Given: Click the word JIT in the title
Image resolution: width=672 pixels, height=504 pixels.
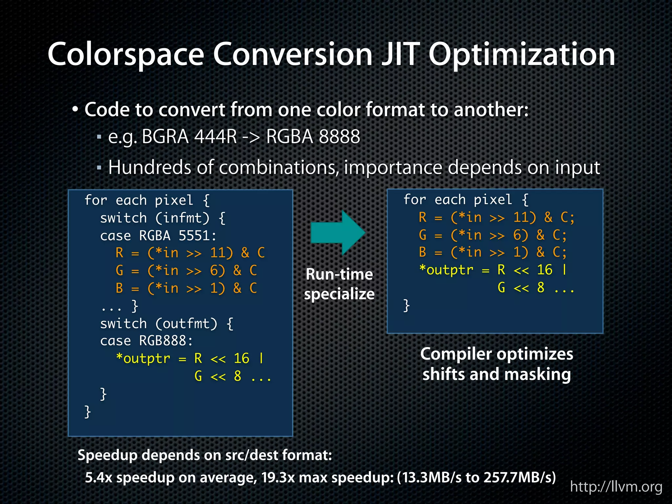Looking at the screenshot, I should point(400,54).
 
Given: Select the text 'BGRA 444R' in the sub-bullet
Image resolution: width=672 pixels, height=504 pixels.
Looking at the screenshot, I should point(189,136).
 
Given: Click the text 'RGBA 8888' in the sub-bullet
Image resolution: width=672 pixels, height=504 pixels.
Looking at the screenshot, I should point(313,136).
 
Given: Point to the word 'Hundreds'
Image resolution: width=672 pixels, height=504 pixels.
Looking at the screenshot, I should point(150,167).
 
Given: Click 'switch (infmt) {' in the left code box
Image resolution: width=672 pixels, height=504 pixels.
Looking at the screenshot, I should point(163,218).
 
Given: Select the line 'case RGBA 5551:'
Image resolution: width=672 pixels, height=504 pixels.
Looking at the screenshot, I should point(158,236).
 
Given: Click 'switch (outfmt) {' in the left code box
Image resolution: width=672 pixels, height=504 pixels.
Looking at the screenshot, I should point(167,324).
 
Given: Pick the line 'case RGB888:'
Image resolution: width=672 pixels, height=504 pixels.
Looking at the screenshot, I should point(146,341).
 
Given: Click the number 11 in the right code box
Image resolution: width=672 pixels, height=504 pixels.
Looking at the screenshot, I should point(521,218).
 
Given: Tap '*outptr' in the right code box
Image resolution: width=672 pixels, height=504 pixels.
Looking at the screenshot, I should point(446,270).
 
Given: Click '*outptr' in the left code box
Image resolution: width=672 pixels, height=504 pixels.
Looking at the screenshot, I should point(143,358).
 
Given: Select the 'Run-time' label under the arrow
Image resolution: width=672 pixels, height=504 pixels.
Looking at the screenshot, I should point(339,274).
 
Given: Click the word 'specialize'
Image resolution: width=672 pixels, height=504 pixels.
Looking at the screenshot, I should point(339,294).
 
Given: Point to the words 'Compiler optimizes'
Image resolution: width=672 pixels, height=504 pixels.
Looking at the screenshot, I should point(496,354).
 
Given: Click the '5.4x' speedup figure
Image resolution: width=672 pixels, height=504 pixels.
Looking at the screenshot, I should point(99,477).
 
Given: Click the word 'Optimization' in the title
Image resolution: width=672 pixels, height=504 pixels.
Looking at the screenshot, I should point(522,54).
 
